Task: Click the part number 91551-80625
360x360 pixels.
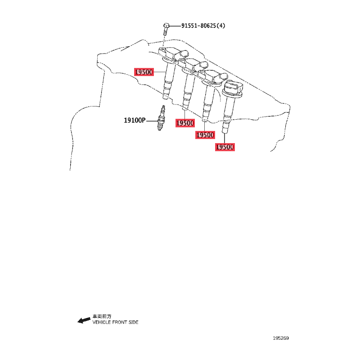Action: click(x=198, y=26)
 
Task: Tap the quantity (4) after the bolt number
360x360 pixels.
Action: click(x=221, y=26)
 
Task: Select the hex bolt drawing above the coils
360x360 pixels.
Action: click(x=166, y=29)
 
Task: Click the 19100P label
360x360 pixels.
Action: click(x=135, y=120)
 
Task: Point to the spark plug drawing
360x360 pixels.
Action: click(x=161, y=118)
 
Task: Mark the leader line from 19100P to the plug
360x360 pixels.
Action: click(x=152, y=121)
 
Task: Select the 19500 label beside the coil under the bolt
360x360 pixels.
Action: click(x=144, y=72)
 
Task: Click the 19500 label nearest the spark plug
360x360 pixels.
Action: click(x=185, y=123)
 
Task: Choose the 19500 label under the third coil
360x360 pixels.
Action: click(x=205, y=135)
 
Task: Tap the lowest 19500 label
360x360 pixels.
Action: click(x=225, y=147)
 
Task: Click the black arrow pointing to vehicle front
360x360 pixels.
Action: click(x=84, y=320)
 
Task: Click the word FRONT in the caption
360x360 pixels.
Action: click(x=119, y=322)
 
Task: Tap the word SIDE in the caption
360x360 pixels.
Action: click(x=133, y=322)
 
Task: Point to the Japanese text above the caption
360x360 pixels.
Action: click(x=102, y=316)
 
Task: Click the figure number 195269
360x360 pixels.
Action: click(x=281, y=338)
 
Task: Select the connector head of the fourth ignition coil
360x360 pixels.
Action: click(x=233, y=88)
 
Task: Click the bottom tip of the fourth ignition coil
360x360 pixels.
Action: click(x=225, y=132)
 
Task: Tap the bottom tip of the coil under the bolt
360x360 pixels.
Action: click(x=165, y=98)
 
